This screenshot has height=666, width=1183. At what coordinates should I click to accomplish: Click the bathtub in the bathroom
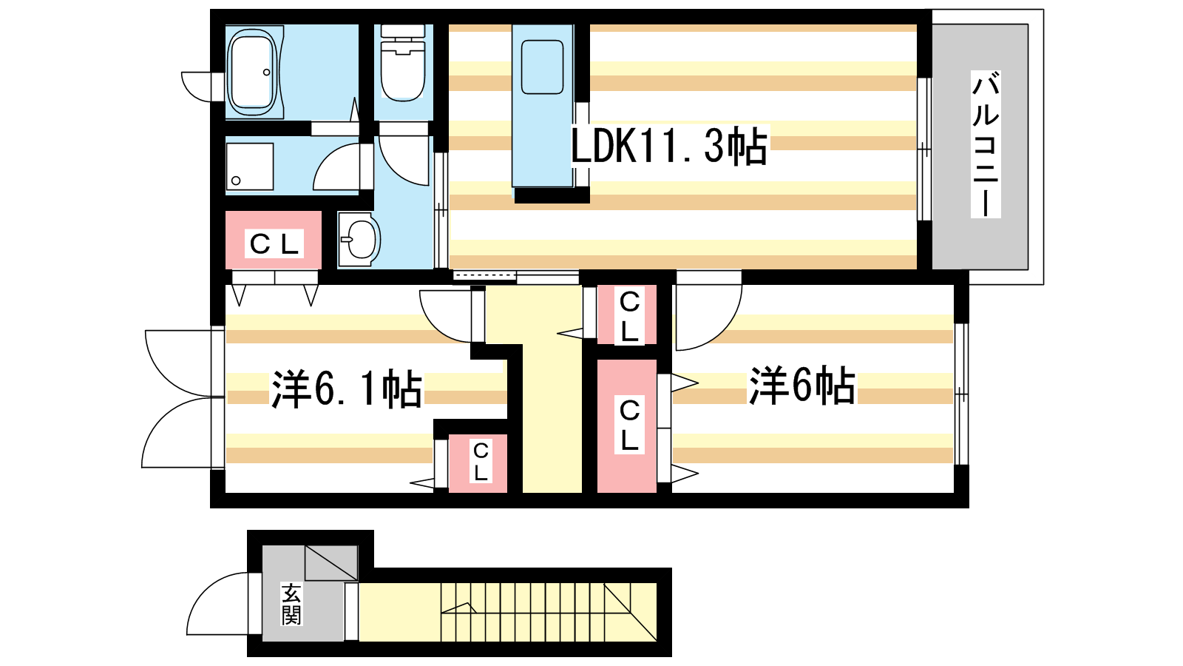click(254, 72)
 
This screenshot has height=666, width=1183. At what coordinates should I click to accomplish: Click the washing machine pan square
click(250, 166)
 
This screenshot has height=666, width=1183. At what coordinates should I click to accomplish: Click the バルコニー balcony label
click(986, 144)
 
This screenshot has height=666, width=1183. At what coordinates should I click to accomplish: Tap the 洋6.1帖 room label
click(347, 389)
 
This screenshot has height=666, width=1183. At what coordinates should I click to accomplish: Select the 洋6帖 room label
click(801, 386)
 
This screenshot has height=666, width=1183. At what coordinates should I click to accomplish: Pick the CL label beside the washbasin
click(274, 244)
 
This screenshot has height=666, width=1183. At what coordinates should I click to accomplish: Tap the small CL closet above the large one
click(627, 315)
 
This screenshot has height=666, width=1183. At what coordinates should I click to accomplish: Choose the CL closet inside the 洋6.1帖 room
click(478, 463)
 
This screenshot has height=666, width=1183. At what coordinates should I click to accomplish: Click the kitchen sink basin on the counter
click(542, 67)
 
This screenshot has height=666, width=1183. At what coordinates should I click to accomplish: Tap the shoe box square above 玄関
click(331, 562)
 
